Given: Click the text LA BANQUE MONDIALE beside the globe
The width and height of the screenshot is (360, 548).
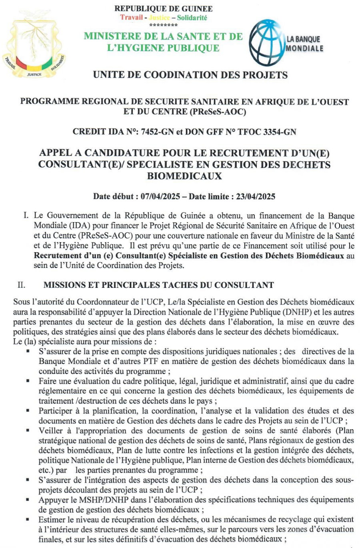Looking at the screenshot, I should coord(304,44).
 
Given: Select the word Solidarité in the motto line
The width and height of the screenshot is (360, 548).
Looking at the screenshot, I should coord(192,18).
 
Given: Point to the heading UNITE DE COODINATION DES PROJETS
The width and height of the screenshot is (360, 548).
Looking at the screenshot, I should coord(190,75).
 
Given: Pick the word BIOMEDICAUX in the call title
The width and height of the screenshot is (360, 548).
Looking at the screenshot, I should coord(184,176).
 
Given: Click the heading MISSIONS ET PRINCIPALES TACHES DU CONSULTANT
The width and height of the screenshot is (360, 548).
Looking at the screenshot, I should coord(158,285).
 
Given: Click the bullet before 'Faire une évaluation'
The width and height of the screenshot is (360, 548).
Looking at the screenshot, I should coord(28,381).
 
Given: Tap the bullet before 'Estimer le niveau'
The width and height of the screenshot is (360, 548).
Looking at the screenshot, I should coord(28,520).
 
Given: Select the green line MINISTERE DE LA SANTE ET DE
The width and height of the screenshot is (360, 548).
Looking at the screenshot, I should coord(163,36).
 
